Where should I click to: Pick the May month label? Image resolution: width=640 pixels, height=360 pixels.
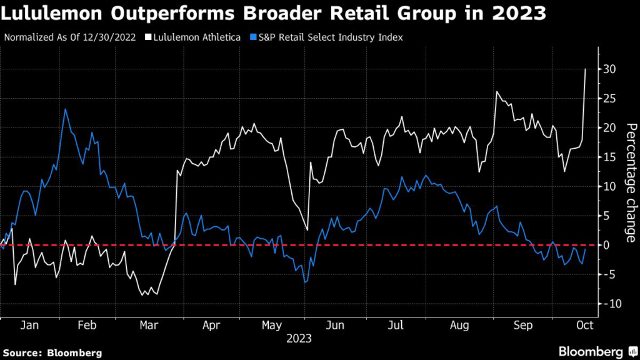271,326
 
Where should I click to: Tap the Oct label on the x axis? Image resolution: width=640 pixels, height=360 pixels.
585,326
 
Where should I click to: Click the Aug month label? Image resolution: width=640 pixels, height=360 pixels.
459,326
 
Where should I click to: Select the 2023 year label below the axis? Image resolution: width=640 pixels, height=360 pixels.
299,339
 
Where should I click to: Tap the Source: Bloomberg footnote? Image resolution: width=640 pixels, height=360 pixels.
52,352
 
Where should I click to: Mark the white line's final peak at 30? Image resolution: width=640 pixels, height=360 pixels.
585,69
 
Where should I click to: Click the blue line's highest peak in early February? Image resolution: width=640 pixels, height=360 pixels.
66,109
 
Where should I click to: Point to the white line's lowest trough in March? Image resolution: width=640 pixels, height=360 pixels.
146,294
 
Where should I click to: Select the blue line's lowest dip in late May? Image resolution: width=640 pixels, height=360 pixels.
306,282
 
